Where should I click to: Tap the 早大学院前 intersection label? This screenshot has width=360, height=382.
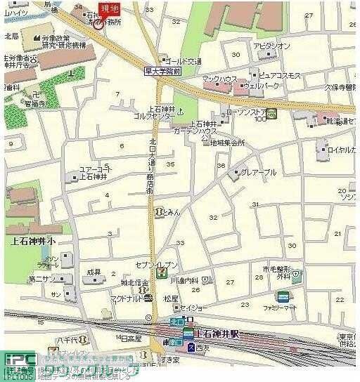tap(163, 72)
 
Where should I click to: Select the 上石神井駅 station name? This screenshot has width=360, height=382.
tap(217, 334)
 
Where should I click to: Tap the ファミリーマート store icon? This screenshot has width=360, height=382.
tap(282, 296)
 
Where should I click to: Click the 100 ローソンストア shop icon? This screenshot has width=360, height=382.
tap(271, 114)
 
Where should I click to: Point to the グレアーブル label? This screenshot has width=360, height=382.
tap(259, 172)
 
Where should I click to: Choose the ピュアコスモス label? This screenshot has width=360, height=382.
tap(279, 75)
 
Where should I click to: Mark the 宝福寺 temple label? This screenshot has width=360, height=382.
tap(34, 103)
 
